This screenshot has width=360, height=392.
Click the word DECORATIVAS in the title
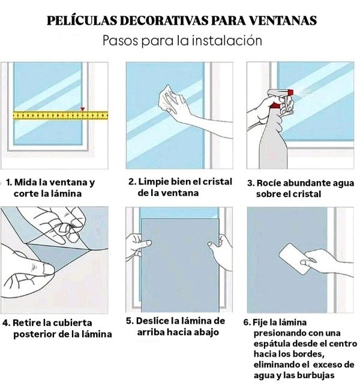(x=164, y=20)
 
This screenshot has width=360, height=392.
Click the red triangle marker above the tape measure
(x=83, y=109)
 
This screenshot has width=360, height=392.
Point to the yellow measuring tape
(x=61, y=115)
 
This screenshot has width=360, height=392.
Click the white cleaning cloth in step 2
(x=167, y=99)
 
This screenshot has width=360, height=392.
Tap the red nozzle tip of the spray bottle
(x=291, y=92)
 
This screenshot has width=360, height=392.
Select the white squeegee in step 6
(x=294, y=259)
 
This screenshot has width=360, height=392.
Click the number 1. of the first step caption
(x=9, y=182)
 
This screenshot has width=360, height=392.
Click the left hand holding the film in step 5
(x=137, y=247)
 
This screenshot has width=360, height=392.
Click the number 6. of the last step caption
(x=247, y=322)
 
